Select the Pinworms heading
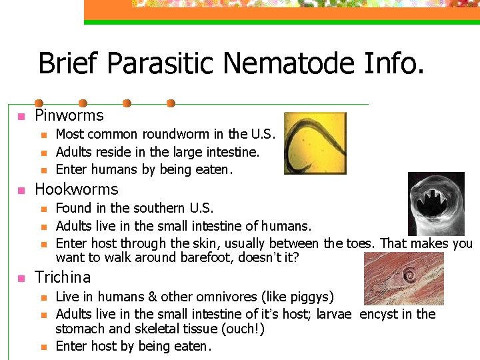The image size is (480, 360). click(x=69, y=116)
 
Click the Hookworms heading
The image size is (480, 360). click(x=76, y=189)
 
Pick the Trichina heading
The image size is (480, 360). click(x=63, y=277)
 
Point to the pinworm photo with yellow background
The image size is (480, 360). click(x=306, y=143)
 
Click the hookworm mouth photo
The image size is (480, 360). click(x=435, y=205)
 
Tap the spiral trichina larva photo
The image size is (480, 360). click(x=404, y=279)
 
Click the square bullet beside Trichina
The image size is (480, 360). click(x=21, y=278)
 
